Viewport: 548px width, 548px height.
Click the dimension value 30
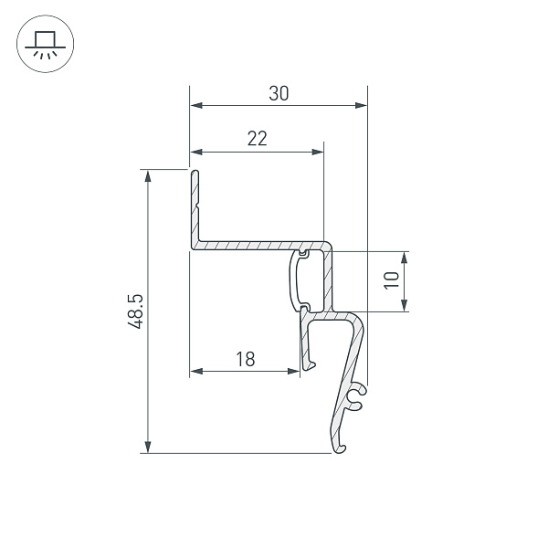pos(279,93)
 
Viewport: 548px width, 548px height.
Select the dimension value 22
pos(257,139)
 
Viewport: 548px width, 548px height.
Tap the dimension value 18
pos(245,359)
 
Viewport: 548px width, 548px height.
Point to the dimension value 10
pos(392,280)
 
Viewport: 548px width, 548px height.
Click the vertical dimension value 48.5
pos(135,311)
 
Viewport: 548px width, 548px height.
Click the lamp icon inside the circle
pos(45,45)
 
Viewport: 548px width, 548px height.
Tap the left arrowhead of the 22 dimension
pos(195,152)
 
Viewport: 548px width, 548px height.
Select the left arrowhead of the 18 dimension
pos(195,372)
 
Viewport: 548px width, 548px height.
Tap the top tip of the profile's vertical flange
pos(194,171)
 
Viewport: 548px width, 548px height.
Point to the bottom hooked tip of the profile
pos(340,448)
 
